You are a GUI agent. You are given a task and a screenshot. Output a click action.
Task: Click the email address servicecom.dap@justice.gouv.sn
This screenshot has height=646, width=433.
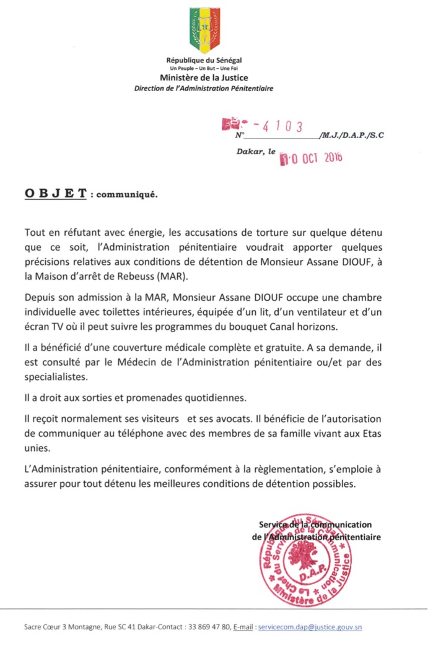(310, 627)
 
